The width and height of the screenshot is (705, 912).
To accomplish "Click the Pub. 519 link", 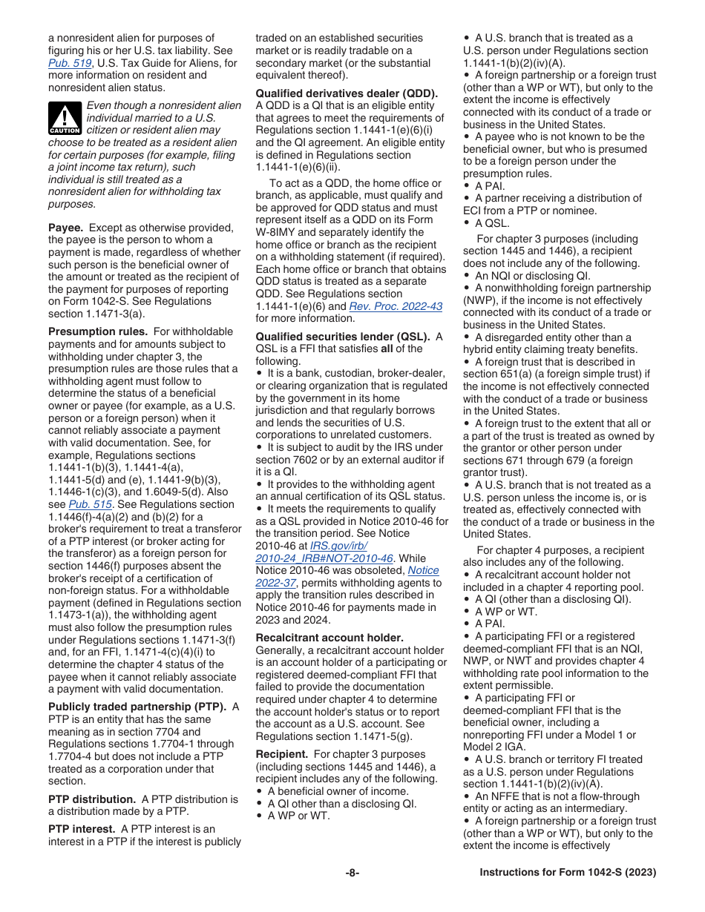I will [64, 63].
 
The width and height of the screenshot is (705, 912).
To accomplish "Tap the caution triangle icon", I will [65, 119].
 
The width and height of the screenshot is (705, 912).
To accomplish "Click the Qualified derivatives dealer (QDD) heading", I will [347, 93].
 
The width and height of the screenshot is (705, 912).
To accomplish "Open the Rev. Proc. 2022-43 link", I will [396, 306].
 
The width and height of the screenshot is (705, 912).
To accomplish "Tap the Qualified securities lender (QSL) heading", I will [344, 337].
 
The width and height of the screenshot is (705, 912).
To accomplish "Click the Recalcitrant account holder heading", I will [329, 638].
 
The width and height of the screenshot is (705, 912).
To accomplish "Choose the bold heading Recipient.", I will [281, 754].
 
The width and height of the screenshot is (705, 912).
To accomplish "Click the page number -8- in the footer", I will [352, 873].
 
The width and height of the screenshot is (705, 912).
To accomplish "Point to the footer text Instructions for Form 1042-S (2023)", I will [568, 873].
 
